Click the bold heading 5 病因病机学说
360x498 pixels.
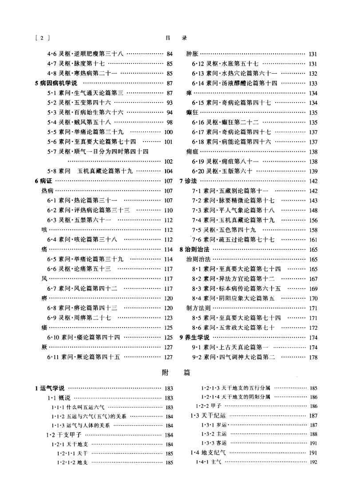click(x=55, y=83)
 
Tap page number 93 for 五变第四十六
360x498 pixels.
click(x=169, y=103)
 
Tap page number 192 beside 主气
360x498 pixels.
click(x=313, y=462)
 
